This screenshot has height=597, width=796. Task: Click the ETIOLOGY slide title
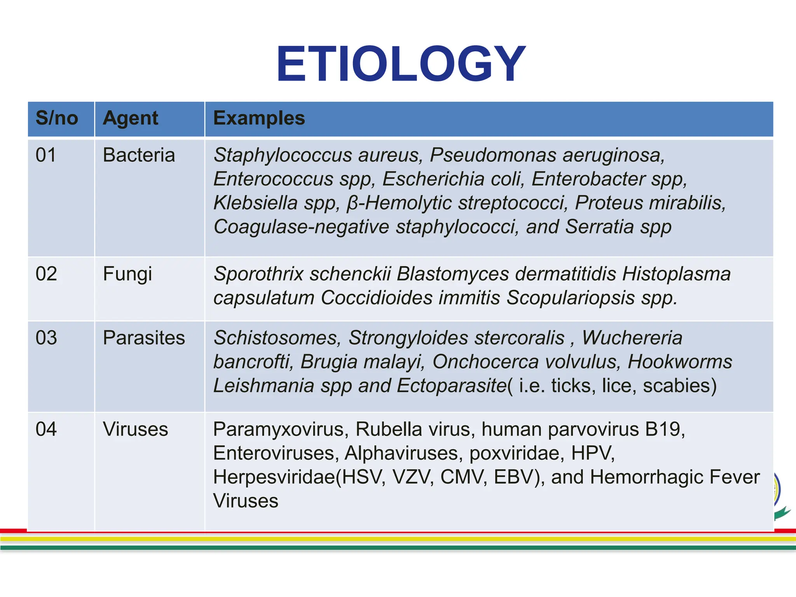[400, 64]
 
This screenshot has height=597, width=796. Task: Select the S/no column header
[57, 118]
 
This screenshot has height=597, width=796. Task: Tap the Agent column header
[130, 118]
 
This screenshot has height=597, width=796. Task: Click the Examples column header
[259, 118]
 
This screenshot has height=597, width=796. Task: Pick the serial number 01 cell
[46, 155]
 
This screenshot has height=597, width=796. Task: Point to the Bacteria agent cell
[139, 155]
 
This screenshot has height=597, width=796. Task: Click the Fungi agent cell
[127, 274]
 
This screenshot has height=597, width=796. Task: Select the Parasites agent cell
[144, 338]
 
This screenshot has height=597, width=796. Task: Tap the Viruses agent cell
[135, 429]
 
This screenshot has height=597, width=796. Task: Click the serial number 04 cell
[46, 429]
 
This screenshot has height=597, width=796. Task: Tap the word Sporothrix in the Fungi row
[258, 274]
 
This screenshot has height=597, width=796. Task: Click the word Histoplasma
[676, 274]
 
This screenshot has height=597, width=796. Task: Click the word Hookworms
[680, 362]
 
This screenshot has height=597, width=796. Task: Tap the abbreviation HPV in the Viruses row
[592, 453]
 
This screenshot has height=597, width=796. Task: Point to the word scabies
[679, 386]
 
